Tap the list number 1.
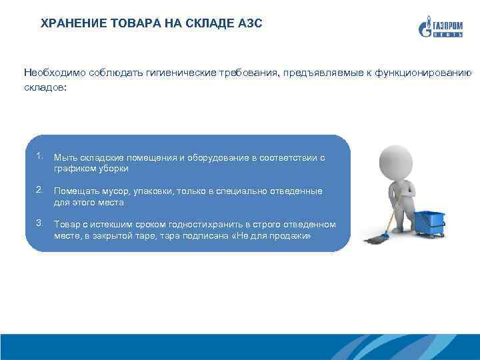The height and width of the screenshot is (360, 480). (x=41, y=157)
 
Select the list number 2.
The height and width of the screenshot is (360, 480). (x=41, y=191)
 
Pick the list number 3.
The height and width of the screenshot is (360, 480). (x=41, y=222)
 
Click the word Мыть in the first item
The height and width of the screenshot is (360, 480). (x=65, y=157)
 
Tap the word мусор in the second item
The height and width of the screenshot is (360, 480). (x=113, y=191)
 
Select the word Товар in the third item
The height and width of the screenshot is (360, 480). (x=66, y=225)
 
